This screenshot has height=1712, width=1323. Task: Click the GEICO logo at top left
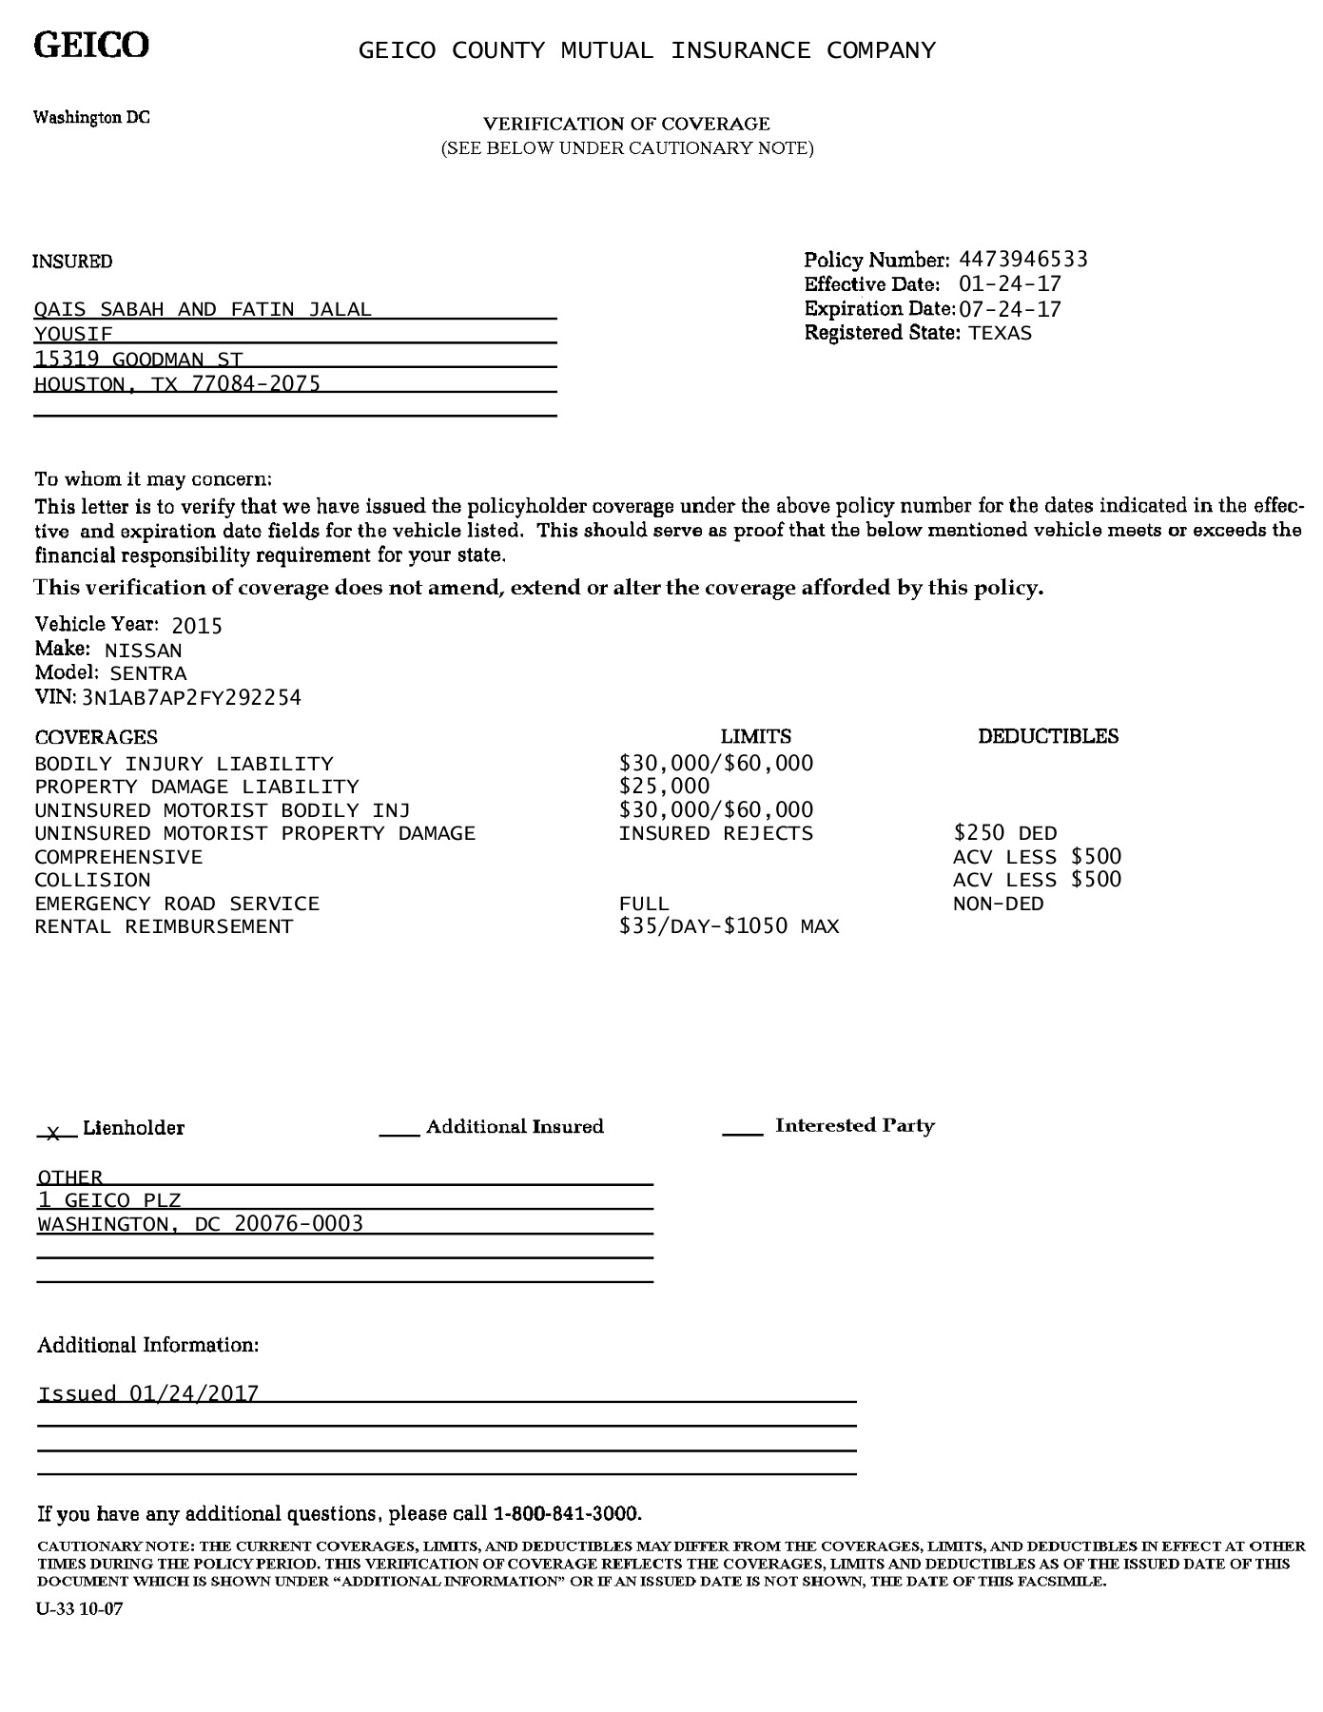(x=91, y=45)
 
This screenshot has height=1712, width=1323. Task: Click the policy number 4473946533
(x=1023, y=260)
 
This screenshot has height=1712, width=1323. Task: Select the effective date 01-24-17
(x=1010, y=284)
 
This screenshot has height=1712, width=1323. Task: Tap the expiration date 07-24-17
(x=1010, y=309)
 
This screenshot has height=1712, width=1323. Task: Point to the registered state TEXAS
(x=1000, y=334)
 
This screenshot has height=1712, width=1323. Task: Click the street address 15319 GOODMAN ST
(x=139, y=359)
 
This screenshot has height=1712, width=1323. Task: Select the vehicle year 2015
(x=197, y=626)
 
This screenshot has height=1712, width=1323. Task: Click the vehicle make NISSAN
(x=143, y=652)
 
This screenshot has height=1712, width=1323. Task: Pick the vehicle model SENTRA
(x=148, y=674)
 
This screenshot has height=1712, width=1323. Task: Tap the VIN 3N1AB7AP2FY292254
(x=191, y=698)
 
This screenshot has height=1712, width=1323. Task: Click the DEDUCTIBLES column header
(x=1048, y=736)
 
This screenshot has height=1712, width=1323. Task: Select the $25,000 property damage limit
(x=664, y=787)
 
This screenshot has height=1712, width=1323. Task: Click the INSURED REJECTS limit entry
(x=715, y=834)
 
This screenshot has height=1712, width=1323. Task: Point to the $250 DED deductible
(x=1004, y=834)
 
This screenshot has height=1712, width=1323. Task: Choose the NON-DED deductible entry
(x=998, y=904)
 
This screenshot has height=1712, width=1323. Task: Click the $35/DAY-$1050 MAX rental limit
(x=729, y=927)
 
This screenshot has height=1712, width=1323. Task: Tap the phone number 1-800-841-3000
(x=567, y=1513)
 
